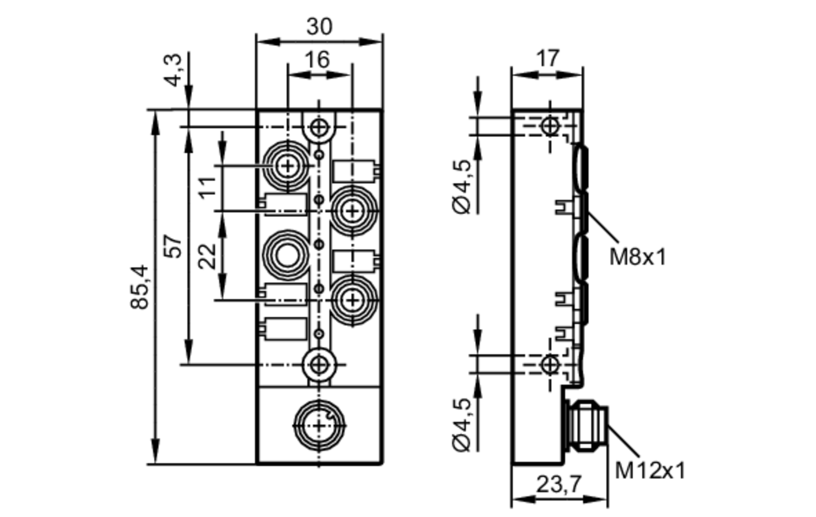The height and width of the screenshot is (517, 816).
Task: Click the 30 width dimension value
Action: [319, 27]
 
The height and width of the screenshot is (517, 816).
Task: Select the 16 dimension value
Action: [317, 60]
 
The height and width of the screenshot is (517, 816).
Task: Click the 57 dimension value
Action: [174, 246]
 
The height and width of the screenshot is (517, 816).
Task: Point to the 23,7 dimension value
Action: [558, 484]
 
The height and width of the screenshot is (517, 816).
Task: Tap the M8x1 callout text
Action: [637, 257]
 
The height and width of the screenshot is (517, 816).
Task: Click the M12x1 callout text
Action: [650, 470]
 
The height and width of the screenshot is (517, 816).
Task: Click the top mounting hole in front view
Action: [319, 127]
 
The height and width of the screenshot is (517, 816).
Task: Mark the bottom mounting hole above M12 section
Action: [319, 364]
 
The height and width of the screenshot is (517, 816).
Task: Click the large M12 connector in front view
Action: [319, 426]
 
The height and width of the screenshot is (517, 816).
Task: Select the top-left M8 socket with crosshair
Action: [288, 166]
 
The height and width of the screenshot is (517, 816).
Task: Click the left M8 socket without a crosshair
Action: [287, 255]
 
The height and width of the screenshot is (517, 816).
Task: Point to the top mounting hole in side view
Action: [550, 126]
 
